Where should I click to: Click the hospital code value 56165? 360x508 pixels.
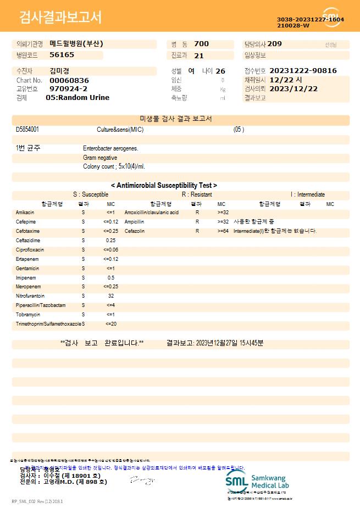(x=62, y=55)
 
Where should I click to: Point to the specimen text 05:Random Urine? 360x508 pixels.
(x=77, y=97)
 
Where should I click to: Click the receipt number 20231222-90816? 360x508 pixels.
(x=303, y=71)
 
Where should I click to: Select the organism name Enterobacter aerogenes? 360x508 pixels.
(x=110, y=148)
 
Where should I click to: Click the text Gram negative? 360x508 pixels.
(x=100, y=158)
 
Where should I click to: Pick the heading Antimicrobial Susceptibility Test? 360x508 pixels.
(x=164, y=186)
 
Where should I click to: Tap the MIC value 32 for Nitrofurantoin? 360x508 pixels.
(x=111, y=296)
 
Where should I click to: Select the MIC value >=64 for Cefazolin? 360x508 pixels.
(x=223, y=231)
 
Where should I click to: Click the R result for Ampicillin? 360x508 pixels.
(x=197, y=222)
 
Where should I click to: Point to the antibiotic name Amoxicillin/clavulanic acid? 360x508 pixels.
(x=152, y=213)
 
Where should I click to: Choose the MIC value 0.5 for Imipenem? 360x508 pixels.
(x=111, y=278)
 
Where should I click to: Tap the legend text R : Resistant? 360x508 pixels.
(x=197, y=194)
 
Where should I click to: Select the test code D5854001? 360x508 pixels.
(x=27, y=130)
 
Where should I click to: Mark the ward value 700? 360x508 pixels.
(x=202, y=44)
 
